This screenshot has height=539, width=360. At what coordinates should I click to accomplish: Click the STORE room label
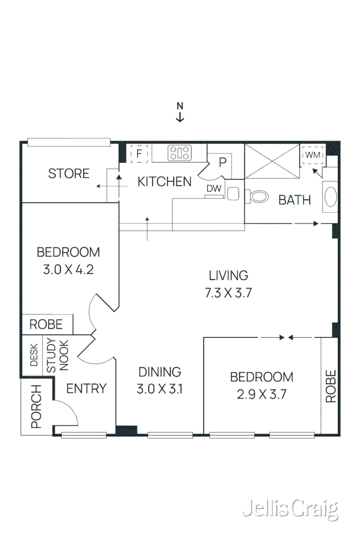pos(69,174)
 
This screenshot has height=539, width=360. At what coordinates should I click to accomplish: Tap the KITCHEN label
pos(164,182)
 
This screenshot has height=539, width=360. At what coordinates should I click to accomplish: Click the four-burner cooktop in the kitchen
pos(179,153)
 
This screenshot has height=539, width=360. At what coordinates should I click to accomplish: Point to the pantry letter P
pos(222,163)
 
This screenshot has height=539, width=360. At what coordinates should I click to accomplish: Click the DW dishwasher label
pos(212,188)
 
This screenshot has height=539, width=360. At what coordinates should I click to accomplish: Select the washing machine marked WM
pos(312,155)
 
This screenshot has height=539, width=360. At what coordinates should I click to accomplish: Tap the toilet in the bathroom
pos(258,195)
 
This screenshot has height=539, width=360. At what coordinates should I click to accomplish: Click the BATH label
pos(295,200)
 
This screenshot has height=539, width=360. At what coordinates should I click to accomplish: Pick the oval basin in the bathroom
pos(330,197)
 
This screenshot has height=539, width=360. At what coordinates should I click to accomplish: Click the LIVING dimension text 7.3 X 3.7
pos(229,293)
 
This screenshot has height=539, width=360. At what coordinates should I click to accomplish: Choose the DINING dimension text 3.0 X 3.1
pos(160,390)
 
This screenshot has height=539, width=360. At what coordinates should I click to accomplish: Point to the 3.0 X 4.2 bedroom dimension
pos(68,269)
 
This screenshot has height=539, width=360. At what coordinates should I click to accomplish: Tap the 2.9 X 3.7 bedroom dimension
pos(261,395)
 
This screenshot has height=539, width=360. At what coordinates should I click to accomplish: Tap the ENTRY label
pos(86,388)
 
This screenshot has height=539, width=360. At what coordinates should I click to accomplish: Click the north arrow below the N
pos(179,118)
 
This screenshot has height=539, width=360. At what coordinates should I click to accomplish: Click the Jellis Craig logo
pos(290,509)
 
